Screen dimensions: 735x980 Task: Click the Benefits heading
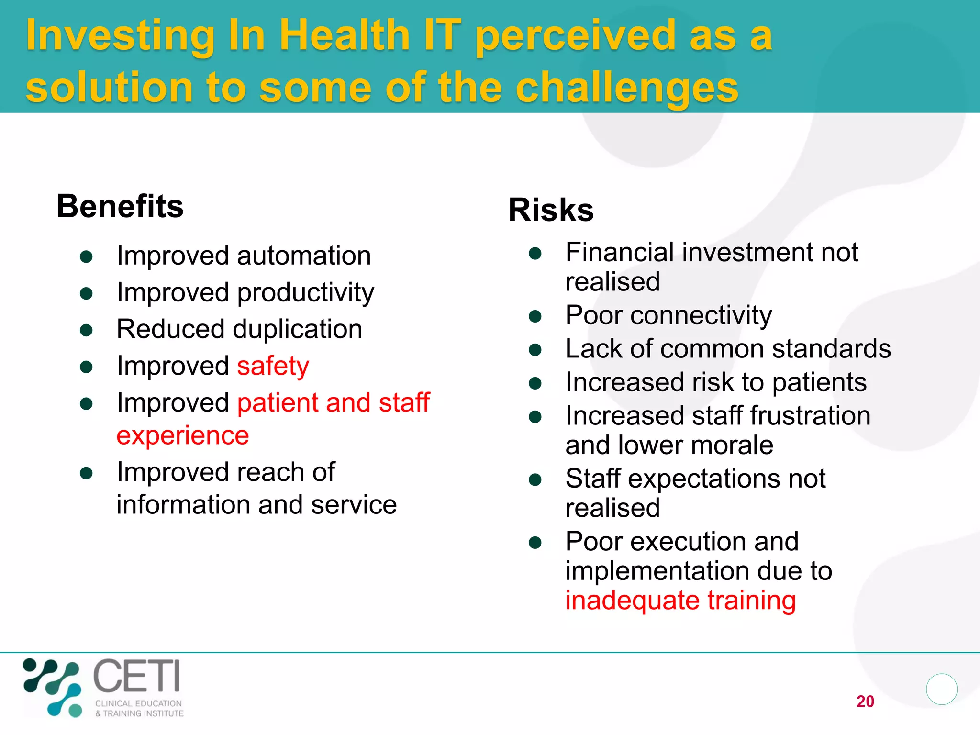tap(120, 207)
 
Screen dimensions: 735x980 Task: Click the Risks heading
tap(551, 210)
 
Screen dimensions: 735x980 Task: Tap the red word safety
tap(273, 367)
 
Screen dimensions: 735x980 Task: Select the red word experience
tap(183, 436)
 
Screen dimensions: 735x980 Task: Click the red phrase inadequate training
tap(680, 601)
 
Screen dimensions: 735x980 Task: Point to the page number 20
tap(865, 702)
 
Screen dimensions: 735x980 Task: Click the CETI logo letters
tap(137, 676)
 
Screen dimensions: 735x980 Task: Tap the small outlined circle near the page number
tap(941, 689)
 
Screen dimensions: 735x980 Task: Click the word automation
tap(304, 256)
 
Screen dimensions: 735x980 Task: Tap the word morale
tap(732, 445)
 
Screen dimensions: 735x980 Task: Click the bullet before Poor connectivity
tap(535, 316)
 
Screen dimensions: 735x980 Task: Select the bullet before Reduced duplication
tap(86, 330)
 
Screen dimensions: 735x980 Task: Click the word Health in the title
tap(345, 35)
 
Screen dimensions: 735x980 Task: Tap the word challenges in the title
tap(627, 88)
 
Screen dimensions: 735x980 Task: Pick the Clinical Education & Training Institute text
tap(139, 708)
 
